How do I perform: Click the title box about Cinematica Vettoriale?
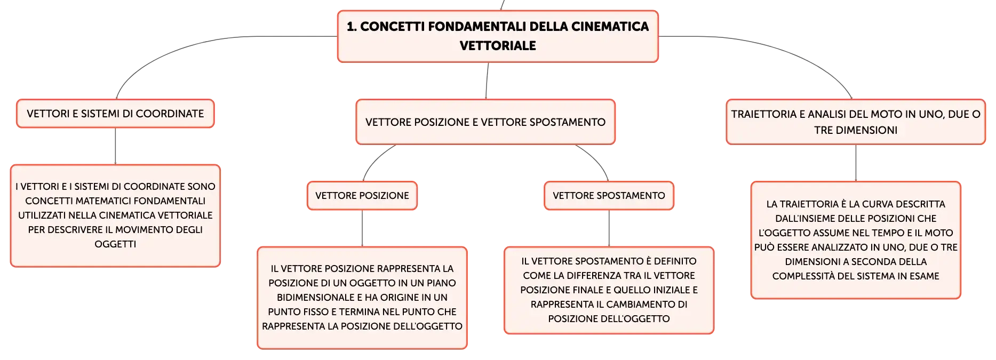click(x=498, y=36)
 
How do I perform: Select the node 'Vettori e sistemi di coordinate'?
click(x=115, y=114)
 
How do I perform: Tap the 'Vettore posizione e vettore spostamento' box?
click(x=485, y=122)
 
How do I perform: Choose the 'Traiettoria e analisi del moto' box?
click(x=856, y=122)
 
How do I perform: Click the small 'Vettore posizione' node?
click(x=362, y=196)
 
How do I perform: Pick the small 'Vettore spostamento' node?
click(x=609, y=196)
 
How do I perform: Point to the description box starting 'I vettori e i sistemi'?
click(x=115, y=215)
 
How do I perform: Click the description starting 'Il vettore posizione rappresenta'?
click(x=362, y=298)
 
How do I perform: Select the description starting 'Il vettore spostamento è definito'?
click(x=609, y=290)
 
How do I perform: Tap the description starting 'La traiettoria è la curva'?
click(x=856, y=240)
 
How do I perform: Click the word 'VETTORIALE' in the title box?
click(x=498, y=46)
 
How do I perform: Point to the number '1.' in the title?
click(x=352, y=27)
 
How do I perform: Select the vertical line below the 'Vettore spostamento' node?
click(x=609, y=228)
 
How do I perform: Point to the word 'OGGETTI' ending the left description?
click(x=115, y=244)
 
